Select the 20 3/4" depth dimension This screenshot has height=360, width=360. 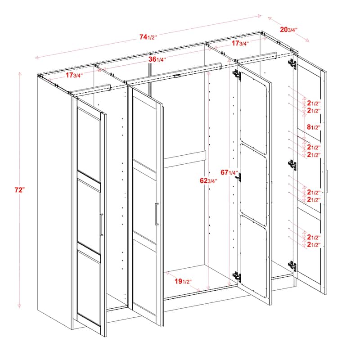288,30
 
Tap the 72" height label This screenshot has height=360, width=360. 18,190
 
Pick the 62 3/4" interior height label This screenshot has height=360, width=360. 208,181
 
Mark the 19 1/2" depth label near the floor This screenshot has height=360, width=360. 184,282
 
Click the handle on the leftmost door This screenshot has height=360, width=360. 102,225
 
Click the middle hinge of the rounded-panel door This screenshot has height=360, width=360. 239,177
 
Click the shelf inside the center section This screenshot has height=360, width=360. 184,159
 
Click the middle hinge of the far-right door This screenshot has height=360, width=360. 292,165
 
